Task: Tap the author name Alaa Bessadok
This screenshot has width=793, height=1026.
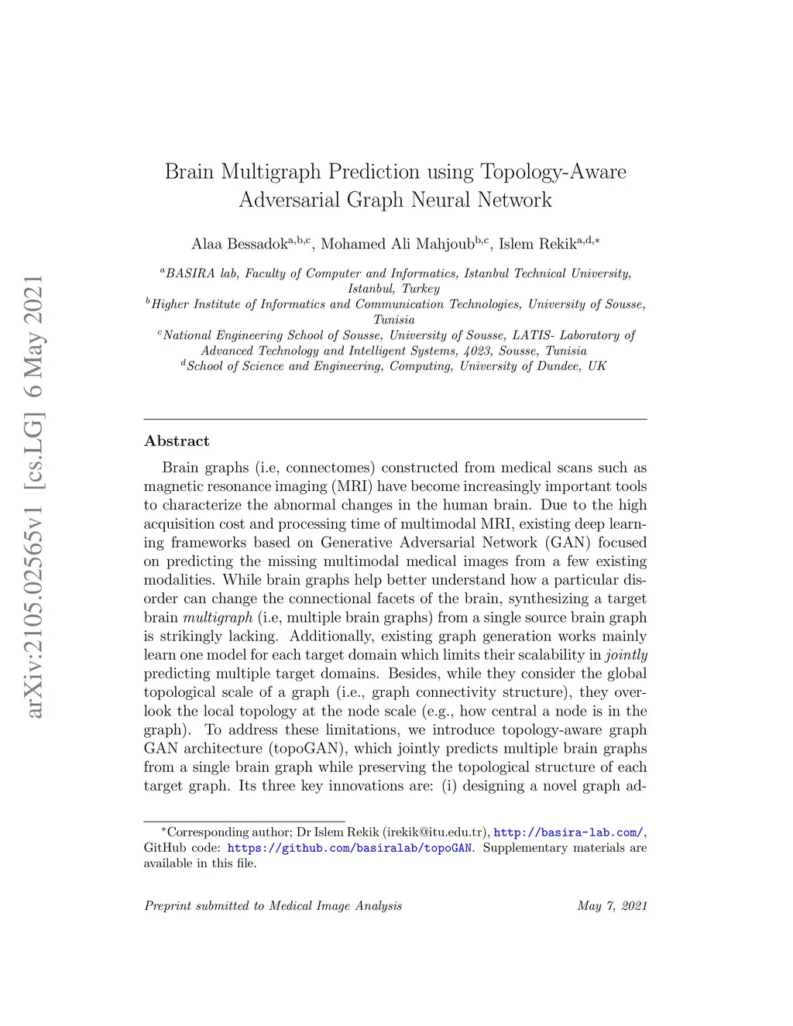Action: pyautogui.click(x=239, y=245)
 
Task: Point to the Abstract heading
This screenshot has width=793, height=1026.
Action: pyautogui.click(x=177, y=441)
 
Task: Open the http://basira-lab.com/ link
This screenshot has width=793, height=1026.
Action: pyautogui.click(x=568, y=832)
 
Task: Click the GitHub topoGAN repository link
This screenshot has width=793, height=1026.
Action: pyautogui.click(x=349, y=848)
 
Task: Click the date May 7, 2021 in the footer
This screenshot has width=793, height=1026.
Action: pyautogui.click(x=612, y=906)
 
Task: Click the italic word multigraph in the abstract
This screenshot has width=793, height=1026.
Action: pyautogui.click(x=218, y=618)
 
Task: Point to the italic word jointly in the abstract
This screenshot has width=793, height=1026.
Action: pyautogui.click(x=626, y=655)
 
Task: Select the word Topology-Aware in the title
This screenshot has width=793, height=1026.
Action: pyautogui.click(x=553, y=171)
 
